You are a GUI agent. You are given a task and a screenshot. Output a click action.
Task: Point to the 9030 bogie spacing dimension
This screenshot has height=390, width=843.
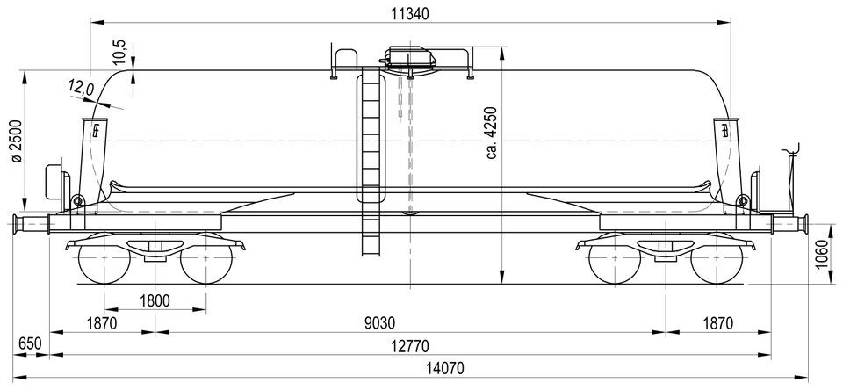[380, 322]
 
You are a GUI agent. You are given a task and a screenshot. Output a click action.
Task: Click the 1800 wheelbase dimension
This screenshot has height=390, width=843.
[155, 300]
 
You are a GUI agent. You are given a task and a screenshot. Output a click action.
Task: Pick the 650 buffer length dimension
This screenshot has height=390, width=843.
[30, 343]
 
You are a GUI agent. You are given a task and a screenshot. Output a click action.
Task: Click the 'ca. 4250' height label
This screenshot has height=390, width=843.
[493, 133]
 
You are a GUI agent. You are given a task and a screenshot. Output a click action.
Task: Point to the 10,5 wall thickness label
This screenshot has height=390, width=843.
[119, 53]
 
